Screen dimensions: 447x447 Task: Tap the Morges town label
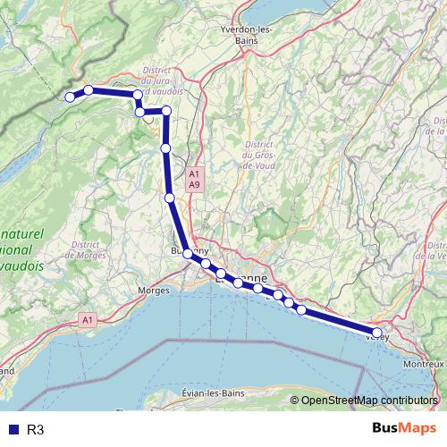point(155,291)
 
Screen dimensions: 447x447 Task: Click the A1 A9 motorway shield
point(195,178)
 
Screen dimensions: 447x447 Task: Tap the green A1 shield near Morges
point(87,318)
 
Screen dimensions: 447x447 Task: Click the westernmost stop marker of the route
point(70,97)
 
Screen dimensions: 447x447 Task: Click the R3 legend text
point(36,429)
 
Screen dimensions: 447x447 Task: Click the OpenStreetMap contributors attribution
point(370,400)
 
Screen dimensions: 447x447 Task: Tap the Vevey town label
point(376,338)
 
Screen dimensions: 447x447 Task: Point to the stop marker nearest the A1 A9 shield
point(169,198)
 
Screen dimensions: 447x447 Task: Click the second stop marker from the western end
point(89,89)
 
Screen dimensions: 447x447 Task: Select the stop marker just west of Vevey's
point(301,310)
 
